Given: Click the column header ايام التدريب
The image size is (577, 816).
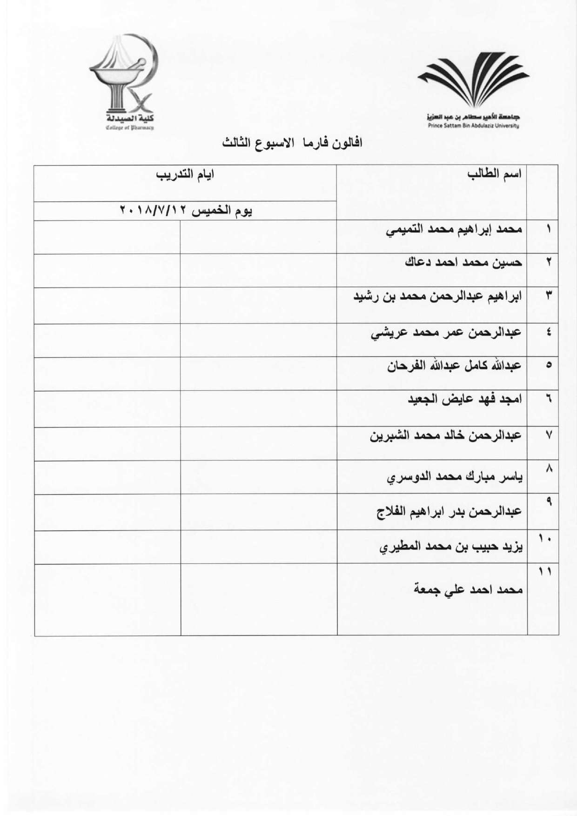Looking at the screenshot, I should pos(185,175).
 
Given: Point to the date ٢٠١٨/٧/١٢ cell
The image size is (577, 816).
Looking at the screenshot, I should pos(186,211).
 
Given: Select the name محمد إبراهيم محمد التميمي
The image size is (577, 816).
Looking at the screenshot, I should pos(454,230).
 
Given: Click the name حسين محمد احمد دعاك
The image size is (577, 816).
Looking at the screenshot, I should pos(463,263).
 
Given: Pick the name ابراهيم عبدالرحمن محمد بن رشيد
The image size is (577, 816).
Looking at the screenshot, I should pos(438,296).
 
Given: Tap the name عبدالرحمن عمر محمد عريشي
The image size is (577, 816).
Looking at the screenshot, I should pos(445,333).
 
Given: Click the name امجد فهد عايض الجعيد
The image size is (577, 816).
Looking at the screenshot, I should pos(465,400).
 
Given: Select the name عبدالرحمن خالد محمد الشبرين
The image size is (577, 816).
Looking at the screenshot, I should pos(445,436).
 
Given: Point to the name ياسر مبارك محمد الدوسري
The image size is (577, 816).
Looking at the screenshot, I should pos(455,478).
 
